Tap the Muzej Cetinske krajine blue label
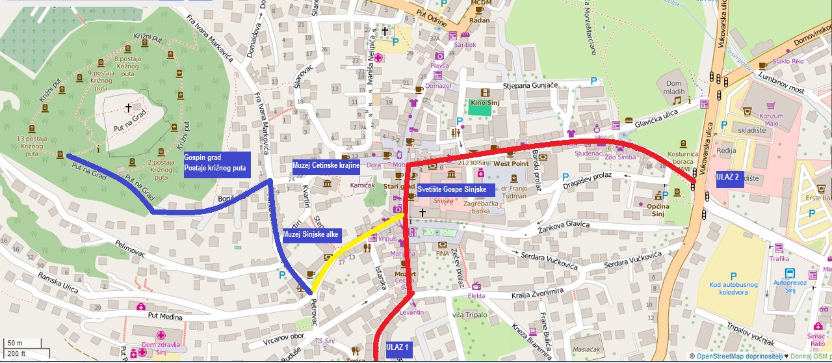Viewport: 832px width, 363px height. pos(326,165)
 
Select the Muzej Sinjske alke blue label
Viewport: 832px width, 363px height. pos(311,234)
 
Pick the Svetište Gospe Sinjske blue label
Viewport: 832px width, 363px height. pos(455,190)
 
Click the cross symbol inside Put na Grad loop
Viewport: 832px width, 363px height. pos(128,108)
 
